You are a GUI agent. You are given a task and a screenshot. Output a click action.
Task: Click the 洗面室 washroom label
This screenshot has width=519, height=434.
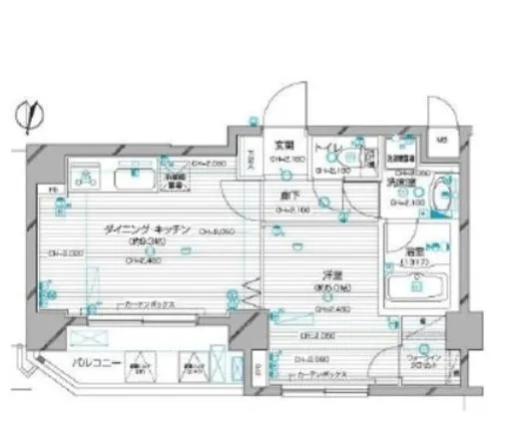[x=402, y=185]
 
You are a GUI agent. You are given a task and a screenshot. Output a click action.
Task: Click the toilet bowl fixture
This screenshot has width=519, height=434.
[x=349, y=159]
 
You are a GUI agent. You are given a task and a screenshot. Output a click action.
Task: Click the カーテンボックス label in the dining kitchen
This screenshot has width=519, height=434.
[x=146, y=305]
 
